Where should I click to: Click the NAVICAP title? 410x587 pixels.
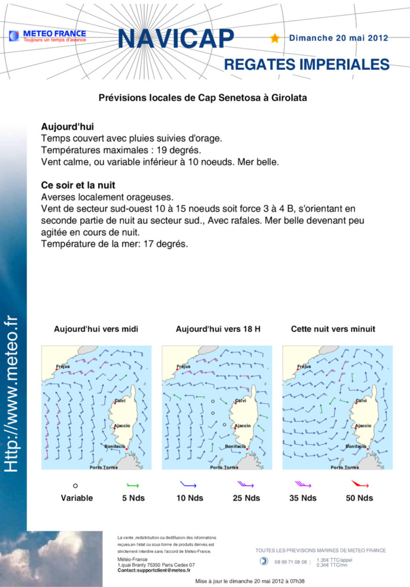[176, 39]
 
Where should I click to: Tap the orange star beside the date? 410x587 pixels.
[275, 38]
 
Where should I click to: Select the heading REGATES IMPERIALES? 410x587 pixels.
[306, 64]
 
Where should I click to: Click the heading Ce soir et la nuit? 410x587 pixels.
[79, 185]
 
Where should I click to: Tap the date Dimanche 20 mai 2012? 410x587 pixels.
[338, 38]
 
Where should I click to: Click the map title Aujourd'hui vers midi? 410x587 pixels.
[96, 329]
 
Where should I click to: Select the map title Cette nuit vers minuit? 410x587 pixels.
[333, 329]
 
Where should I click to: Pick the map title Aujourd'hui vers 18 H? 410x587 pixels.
[218, 329]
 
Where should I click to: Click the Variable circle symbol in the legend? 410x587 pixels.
[76, 485]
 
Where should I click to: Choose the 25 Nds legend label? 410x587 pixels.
[245, 498]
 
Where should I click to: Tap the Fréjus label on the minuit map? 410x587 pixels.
[303, 366]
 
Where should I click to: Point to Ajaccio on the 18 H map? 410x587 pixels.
[242, 426]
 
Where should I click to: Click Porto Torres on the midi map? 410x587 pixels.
[103, 467]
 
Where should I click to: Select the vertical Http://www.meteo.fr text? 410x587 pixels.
[12, 393]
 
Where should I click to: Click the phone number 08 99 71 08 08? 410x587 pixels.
[290, 562]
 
